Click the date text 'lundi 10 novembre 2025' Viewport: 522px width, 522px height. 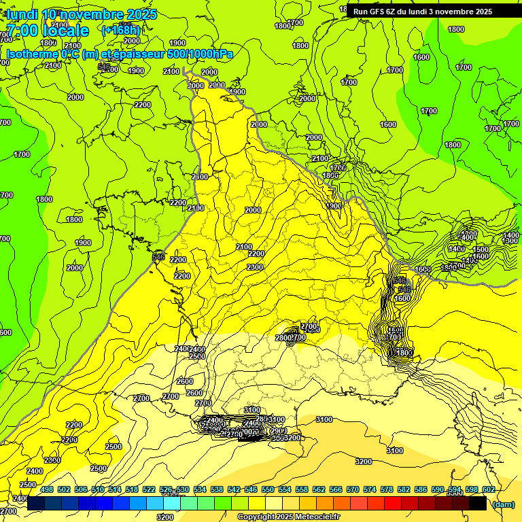point(82,14)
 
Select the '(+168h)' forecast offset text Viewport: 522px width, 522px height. point(120,31)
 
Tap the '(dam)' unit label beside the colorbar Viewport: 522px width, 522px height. point(502,504)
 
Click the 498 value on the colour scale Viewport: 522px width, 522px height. point(47,489)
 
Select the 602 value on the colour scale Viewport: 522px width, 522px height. point(488,489)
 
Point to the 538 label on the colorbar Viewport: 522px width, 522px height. point(217,489)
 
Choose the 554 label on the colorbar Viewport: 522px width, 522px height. point(285,489)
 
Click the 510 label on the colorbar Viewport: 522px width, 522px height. point(98,489)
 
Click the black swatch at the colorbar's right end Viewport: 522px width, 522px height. point(478,503)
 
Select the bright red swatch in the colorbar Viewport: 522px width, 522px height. point(393,503)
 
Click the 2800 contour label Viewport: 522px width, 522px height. point(284,338)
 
